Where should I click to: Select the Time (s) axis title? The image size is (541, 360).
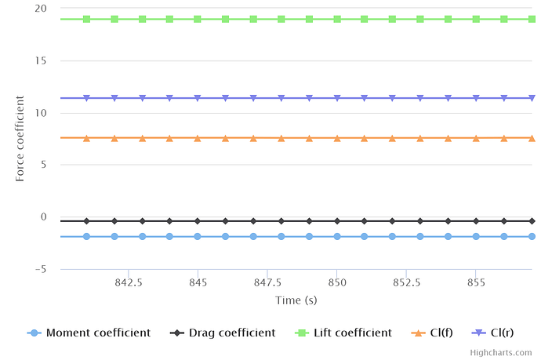click(296, 300)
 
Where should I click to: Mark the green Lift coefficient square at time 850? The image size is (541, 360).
click(336, 19)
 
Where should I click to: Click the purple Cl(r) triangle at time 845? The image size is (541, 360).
click(198, 98)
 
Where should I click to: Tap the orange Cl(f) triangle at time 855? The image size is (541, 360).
click(475, 138)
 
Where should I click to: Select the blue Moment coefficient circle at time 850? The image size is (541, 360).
click(336, 236)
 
